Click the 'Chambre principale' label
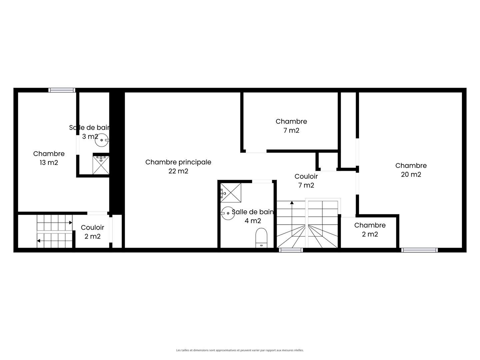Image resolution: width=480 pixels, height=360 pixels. [x=178, y=162]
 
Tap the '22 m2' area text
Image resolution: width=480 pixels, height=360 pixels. [x=178, y=171]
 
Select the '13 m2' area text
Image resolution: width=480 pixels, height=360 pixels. [x=49, y=163]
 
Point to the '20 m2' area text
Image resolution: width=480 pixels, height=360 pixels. [x=411, y=175]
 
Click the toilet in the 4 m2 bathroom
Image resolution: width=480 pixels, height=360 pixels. [x=261, y=238]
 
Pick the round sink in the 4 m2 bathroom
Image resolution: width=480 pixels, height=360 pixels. [x=228, y=213]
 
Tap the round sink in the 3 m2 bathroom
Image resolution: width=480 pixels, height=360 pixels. [x=102, y=140]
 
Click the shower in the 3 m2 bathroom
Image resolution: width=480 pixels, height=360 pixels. [x=101, y=165]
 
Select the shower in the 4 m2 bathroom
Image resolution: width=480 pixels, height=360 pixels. [x=231, y=193]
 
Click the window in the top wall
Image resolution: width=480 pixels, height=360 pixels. [x=62, y=90]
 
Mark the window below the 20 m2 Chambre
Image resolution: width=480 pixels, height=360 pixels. [x=419, y=250]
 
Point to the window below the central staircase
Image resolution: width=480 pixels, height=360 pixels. [x=291, y=250]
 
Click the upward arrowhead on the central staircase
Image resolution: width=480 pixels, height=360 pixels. [x=292, y=203]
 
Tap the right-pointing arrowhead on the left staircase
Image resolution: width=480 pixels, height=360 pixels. [x=71, y=223]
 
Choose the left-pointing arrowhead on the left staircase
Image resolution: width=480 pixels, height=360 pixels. [x=38, y=241]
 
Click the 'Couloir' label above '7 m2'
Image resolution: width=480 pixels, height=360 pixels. [x=306, y=176]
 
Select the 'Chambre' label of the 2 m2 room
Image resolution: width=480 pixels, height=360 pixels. [x=370, y=225]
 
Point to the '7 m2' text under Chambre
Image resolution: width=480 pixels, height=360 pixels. [x=291, y=130]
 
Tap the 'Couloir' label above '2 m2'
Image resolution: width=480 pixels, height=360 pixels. [x=92, y=228]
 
